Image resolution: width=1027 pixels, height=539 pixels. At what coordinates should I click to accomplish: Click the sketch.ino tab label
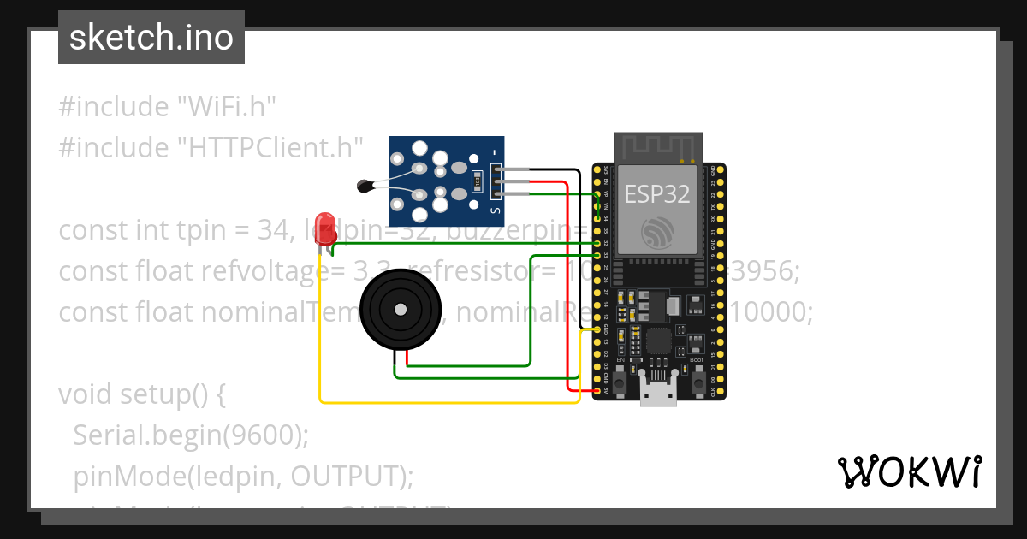(151, 38)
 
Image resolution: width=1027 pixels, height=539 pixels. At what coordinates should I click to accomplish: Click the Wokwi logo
(909, 471)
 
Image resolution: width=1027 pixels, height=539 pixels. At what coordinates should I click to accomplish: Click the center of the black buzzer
(400, 309)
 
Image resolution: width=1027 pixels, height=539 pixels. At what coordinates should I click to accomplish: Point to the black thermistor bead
(365, 183)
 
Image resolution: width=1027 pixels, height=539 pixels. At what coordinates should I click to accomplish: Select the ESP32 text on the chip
(657, 194)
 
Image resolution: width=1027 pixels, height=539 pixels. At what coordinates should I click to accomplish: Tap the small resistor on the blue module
(478, 181)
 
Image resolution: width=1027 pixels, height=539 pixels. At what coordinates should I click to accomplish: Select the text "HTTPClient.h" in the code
(270, 147)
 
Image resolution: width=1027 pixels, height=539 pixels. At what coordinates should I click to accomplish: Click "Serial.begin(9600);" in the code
(190, 435)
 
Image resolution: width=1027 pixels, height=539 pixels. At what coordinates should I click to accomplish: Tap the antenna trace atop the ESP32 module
(659, 147)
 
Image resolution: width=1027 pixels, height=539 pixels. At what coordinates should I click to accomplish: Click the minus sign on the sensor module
(495, 154)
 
